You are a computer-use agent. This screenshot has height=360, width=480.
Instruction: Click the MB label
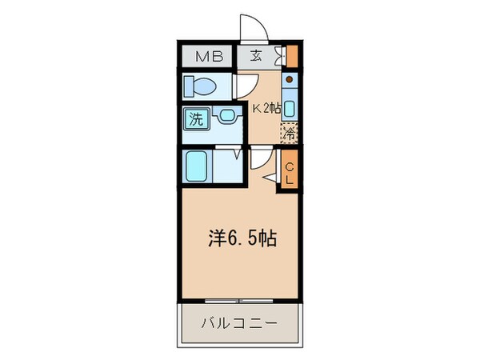[x=206, y=56]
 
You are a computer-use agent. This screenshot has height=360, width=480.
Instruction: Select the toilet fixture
[x=203, y=84]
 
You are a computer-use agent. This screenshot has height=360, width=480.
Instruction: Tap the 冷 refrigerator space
[x=289, y=134]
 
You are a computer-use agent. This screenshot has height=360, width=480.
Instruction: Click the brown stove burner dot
[x=290, y=81]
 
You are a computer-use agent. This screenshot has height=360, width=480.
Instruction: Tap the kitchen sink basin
[x=290, y=108]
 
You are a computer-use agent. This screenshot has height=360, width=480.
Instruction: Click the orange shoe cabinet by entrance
[x=292, y=58]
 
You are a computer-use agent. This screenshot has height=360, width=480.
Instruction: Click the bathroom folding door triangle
[x=238, y=153]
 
